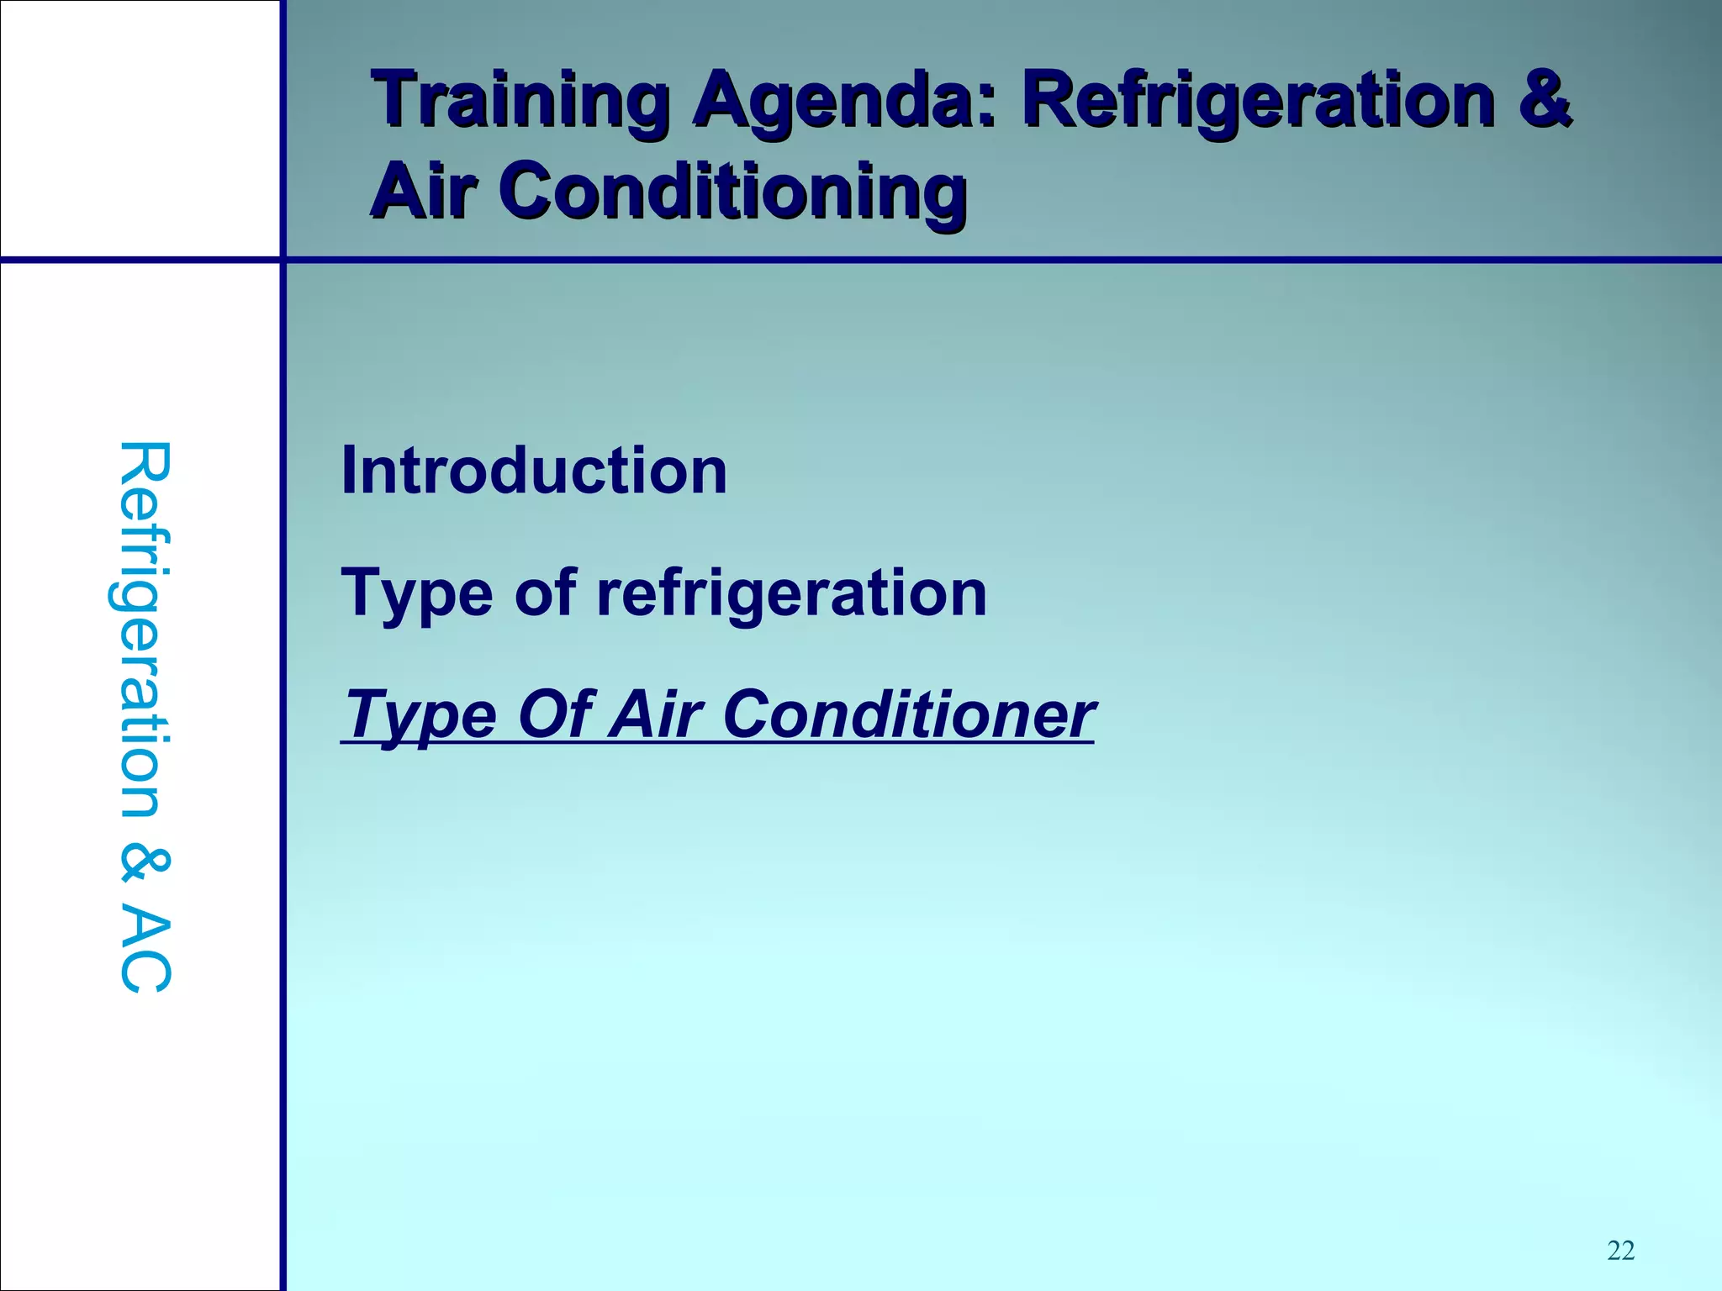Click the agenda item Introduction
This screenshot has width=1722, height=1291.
(x=534, y=471)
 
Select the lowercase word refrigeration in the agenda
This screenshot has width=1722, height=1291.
(x=791, y=593)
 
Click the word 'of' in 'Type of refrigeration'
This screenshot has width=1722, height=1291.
(x=545, y=593)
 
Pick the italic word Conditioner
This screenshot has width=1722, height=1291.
(x=908, y=714)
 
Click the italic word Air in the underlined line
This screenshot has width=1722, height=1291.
(x=656, y=714)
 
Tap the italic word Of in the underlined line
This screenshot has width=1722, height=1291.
(x=556, y=714)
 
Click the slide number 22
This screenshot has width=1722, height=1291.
(x=1620, y=1251)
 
